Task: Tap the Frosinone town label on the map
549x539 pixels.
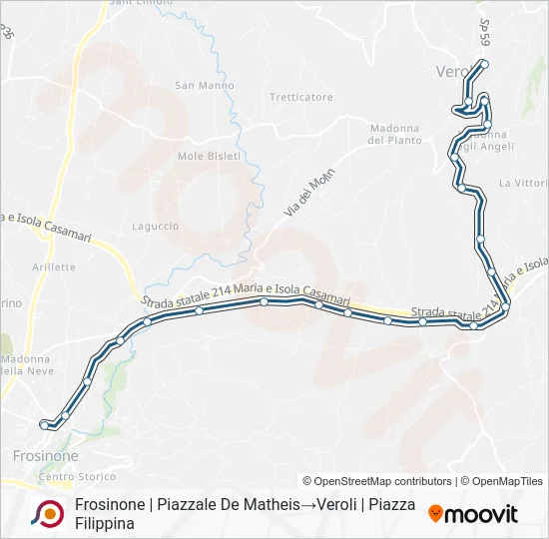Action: click(x=46, y=455)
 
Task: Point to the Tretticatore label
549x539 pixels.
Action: click(x=300, y=97)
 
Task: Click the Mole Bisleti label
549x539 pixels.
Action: click(x=204, y=156)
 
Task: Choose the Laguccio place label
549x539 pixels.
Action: click(x=155, y=227)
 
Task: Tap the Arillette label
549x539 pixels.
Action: click(x=53, y=267)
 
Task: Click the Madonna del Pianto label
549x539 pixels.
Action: click(x=393, y=134)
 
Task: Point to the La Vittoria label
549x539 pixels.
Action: click(x=523, y=183)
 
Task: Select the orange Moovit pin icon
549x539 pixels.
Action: click(x=435, y=513)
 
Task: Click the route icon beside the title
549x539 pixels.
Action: click(x=47, y=513)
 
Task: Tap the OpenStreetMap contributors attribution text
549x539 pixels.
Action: click(x=377, y=481)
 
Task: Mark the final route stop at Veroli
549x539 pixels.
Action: click(x=484, y=64)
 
